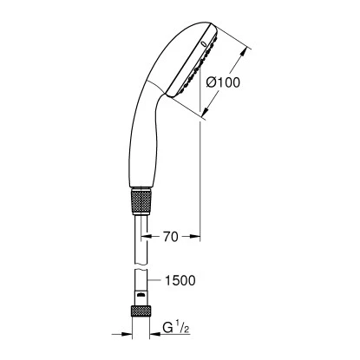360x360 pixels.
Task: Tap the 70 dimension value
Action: click(172, 234)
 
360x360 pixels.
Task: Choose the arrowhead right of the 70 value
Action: click(198, 234)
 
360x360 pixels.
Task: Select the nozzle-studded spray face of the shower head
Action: click(196, 65)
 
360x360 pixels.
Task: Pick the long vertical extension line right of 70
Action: click(201, 173)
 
